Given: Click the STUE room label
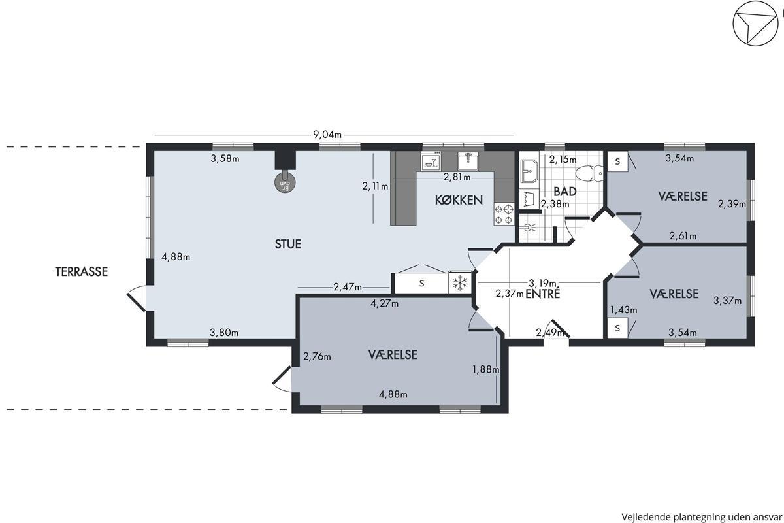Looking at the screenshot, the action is [287, 244].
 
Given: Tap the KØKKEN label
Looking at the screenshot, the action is [459, 200].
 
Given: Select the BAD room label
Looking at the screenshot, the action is [565, 192].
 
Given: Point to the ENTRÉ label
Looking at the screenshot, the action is [542, 294].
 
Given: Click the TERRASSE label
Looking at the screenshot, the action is [81, 271].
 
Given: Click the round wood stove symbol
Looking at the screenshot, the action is [285, 182].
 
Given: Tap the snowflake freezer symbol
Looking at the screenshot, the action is [460, 282].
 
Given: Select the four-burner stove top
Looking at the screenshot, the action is [504, 214].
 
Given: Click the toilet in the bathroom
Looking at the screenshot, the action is [589, 173].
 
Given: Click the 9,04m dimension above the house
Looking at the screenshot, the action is [327, 135].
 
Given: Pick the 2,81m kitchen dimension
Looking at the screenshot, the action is [457, 177].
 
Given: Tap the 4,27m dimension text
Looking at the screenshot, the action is [384, 303].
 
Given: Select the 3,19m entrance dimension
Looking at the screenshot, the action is [542, 282].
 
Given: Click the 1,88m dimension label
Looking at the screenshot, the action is [486, 369].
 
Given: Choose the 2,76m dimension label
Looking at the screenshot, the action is [317, 356].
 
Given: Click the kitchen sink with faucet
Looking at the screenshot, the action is [468, 161].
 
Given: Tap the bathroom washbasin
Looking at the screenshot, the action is [529, 171].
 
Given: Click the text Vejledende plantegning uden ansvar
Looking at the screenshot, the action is [702, 516].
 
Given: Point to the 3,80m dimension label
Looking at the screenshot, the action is [224, 333].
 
